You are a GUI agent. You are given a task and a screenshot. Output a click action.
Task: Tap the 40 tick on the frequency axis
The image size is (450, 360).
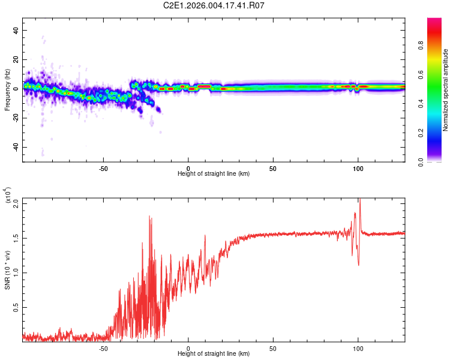point(16,31)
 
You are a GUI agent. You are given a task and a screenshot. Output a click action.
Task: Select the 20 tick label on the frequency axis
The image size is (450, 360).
point(16,60)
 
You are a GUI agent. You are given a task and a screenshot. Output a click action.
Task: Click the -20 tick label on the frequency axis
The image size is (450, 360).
point(15,118)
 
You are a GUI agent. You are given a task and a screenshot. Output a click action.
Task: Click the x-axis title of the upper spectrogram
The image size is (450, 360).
point(214,173)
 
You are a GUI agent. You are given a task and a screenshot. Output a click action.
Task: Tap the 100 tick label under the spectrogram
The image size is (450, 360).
point(358,167)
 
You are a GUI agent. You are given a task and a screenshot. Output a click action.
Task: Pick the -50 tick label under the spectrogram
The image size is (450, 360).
point(103,167)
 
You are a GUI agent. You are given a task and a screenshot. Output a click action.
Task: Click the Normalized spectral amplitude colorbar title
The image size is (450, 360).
point(445,89)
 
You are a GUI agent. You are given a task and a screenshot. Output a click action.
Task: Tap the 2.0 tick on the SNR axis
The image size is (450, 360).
point(16,203)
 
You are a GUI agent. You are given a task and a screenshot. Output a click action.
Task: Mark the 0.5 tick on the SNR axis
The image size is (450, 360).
point(16,307)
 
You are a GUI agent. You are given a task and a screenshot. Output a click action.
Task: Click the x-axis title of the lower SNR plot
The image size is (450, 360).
point(214,353)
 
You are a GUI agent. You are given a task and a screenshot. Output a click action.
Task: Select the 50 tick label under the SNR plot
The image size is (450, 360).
point(273,347)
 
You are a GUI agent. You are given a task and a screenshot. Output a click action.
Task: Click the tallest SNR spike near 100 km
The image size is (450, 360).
point(360,200)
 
